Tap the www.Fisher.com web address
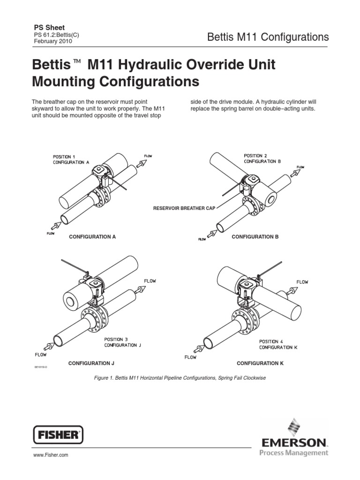50,455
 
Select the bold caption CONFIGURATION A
92,237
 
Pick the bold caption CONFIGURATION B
255,237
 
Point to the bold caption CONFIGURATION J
91,363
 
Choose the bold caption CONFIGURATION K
260,363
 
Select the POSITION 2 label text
255,155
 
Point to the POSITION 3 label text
115,339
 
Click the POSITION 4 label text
271,342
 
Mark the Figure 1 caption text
180,378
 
